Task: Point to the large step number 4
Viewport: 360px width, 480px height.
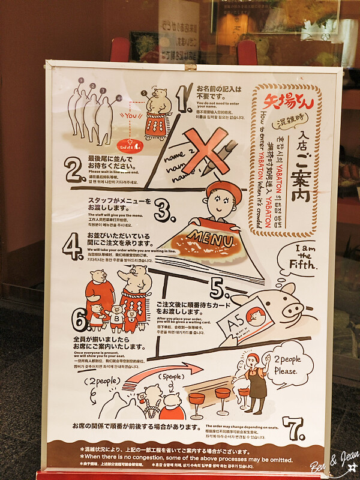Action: click(x=74, y=246)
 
